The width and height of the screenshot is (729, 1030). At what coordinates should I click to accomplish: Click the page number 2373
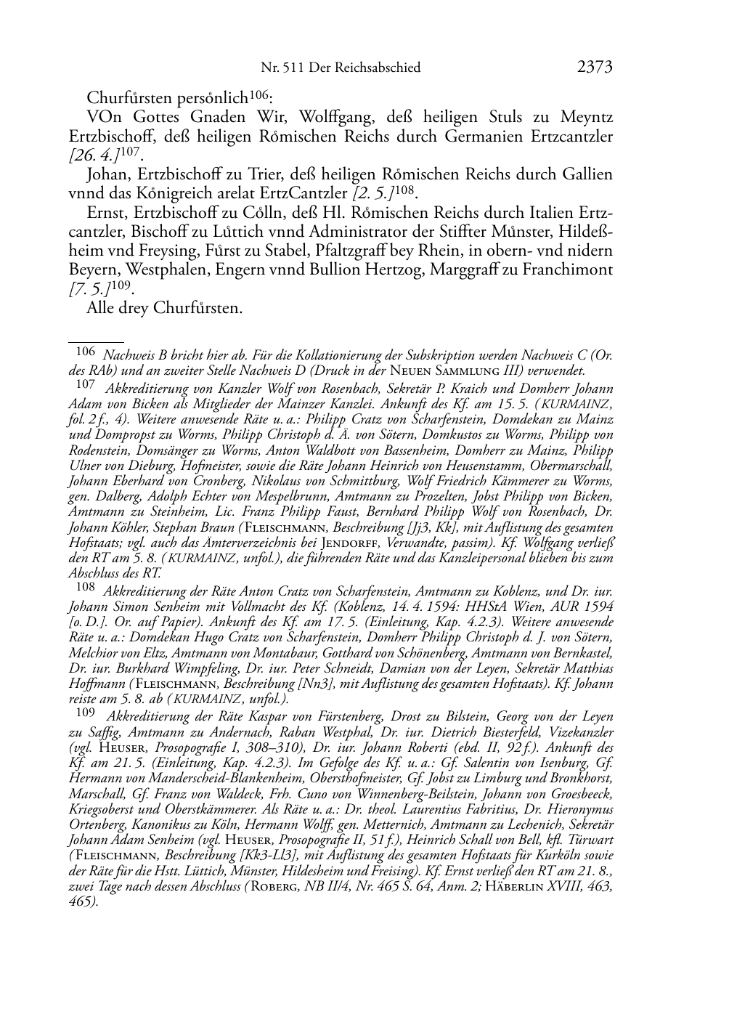pos(595,68)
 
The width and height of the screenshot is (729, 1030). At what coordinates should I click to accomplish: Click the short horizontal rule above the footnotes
pos(95,339)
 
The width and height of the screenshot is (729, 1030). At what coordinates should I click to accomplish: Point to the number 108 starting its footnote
pos(86,585)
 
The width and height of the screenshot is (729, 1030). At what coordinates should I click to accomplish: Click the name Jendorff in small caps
pos(351,543)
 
